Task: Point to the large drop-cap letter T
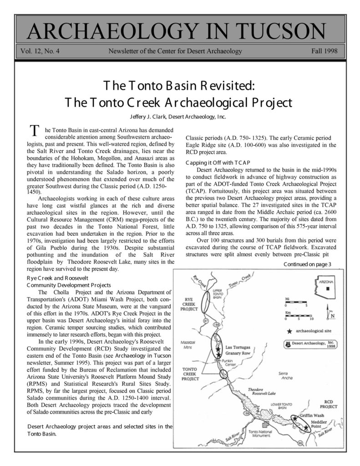click(x=33, y=131)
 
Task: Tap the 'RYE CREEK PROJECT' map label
click(x=188, y=302)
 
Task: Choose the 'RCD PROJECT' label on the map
click(x=329, y=404)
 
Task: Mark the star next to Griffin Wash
click(x=295, y=417)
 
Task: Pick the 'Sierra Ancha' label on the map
click(x=285, y=376)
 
